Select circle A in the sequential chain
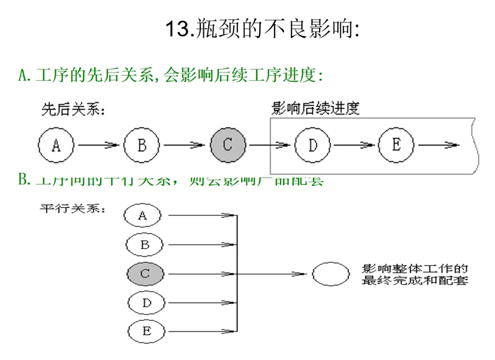coord(56,145)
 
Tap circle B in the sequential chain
coord(142,145)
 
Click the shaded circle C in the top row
coord(228,145)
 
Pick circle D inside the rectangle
coord(313,145)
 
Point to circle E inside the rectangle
coord(396,145)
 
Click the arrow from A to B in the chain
coord(99,145)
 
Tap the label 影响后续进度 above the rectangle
coord(315,109)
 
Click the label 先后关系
coord(73,110)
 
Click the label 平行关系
coord(73,209)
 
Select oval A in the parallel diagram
coord(143,216)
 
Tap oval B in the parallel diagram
coord(144,245)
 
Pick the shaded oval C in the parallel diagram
coord(145,274)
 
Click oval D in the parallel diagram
coord(146,303)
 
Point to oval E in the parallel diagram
coord(146,331)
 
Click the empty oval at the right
coord(331,274)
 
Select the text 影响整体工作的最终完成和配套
coord(415,274)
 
